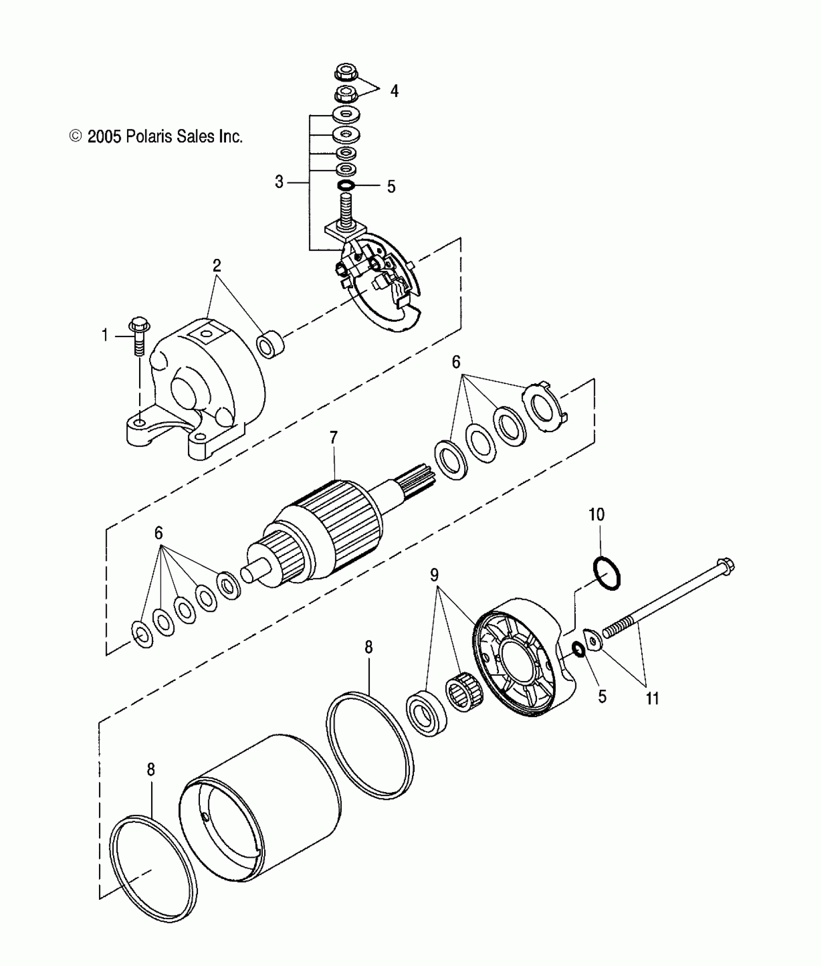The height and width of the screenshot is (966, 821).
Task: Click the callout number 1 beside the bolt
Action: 105,335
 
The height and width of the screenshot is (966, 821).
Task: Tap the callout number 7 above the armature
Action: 334,439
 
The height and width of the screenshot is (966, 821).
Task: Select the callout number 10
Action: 596,515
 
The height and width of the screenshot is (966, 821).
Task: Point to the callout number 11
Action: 652,698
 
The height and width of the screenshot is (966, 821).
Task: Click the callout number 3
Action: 279,183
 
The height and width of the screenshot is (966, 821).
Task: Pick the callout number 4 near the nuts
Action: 394,91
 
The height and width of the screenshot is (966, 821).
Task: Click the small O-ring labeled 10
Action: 607,573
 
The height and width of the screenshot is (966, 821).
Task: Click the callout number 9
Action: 434,575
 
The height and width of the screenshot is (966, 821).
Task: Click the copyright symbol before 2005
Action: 75,137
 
